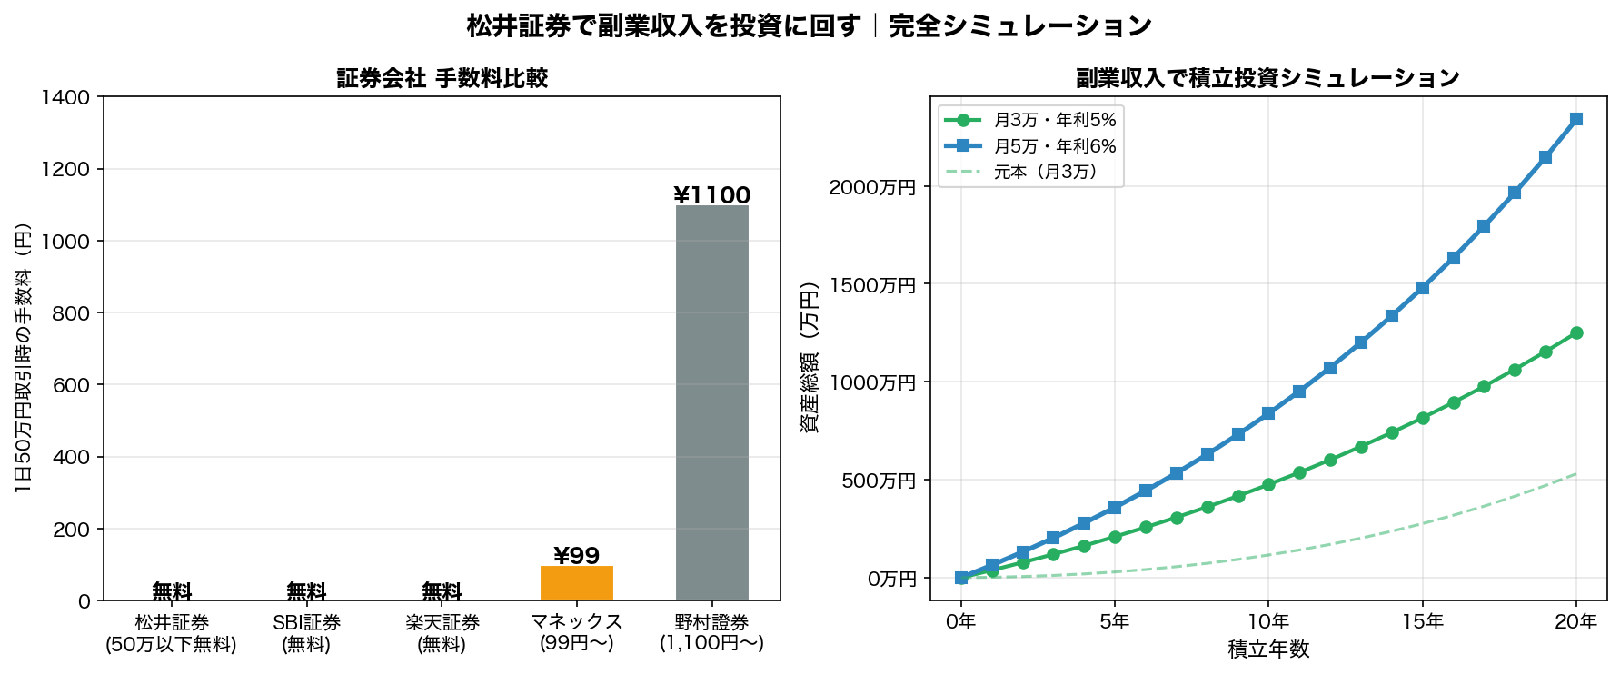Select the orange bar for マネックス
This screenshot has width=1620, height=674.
point(576,583)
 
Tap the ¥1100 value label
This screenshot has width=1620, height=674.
point(711,195)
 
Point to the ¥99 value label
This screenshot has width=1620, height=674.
point(576,556)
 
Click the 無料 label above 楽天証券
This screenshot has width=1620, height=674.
point(442,591)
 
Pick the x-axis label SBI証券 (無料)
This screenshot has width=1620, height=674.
point(306,633)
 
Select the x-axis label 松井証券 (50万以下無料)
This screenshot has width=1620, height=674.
point(171,633)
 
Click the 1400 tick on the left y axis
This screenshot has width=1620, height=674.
point(72,97)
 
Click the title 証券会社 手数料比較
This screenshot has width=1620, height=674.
point(442,78)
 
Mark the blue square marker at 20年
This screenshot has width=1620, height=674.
point(1575,119)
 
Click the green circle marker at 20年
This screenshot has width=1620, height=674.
point(1575,333)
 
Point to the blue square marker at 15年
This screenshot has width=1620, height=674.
point(1422,288)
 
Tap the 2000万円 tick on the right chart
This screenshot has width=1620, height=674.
point(871,187)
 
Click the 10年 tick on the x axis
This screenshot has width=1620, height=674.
point(1267,621)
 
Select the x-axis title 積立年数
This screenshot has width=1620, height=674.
point(1267,649)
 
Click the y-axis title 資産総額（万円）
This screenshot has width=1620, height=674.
point(809,356)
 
